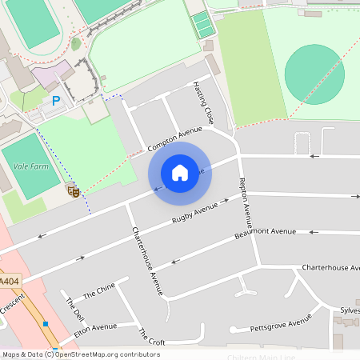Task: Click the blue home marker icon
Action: pos(180,172)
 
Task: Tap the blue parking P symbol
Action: pos(56,101)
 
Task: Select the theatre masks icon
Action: pos(73,190)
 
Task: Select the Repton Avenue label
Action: pos(246,206)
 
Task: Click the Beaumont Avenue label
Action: pos(266,233)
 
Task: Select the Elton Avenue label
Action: pos(94,327)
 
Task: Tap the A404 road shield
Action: pos(9,282)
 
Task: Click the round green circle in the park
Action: pos(314,70)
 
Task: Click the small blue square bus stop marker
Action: pos(46,324)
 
